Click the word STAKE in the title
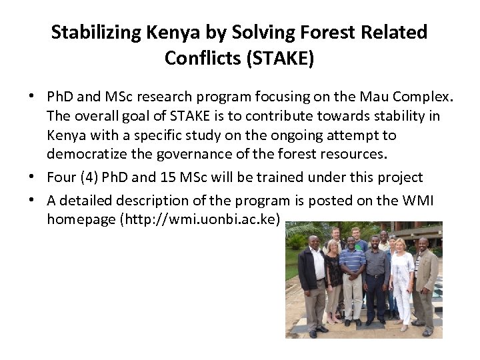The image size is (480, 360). click(279, 58)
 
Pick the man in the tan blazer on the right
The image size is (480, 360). click(424, 280)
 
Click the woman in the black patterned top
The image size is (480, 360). click(333, 280)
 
